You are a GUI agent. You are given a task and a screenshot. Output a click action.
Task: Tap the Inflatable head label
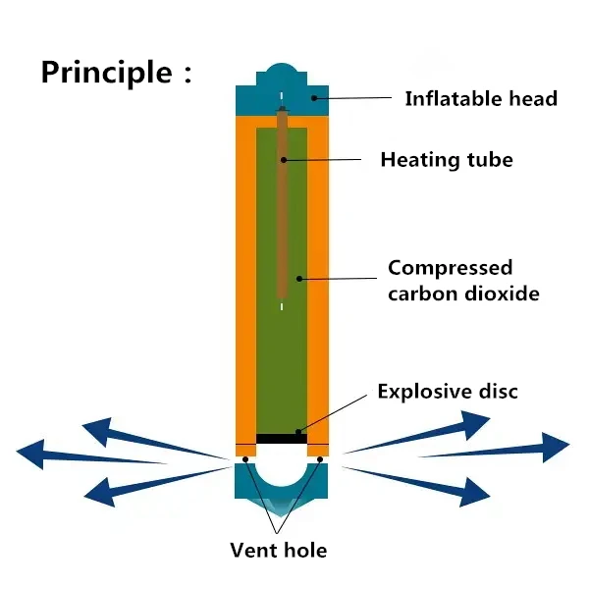(x=481, y=98)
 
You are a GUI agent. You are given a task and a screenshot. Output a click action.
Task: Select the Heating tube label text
(x=447, y=159)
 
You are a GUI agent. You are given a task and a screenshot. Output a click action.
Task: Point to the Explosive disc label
(x=448, y=392)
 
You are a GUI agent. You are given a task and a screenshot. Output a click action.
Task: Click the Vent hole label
(x=278, y=550)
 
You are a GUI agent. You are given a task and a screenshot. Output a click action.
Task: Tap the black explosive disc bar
(x=282, y=438)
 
